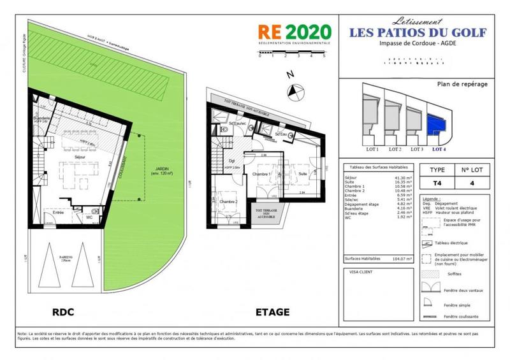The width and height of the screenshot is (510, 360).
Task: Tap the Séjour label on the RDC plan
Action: click(80, 156)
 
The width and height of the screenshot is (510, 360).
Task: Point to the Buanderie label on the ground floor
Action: click(42, 119)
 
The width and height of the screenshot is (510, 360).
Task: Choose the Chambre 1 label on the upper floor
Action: click(262, 174)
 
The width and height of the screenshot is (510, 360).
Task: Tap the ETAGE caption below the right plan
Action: click(272, 312)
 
